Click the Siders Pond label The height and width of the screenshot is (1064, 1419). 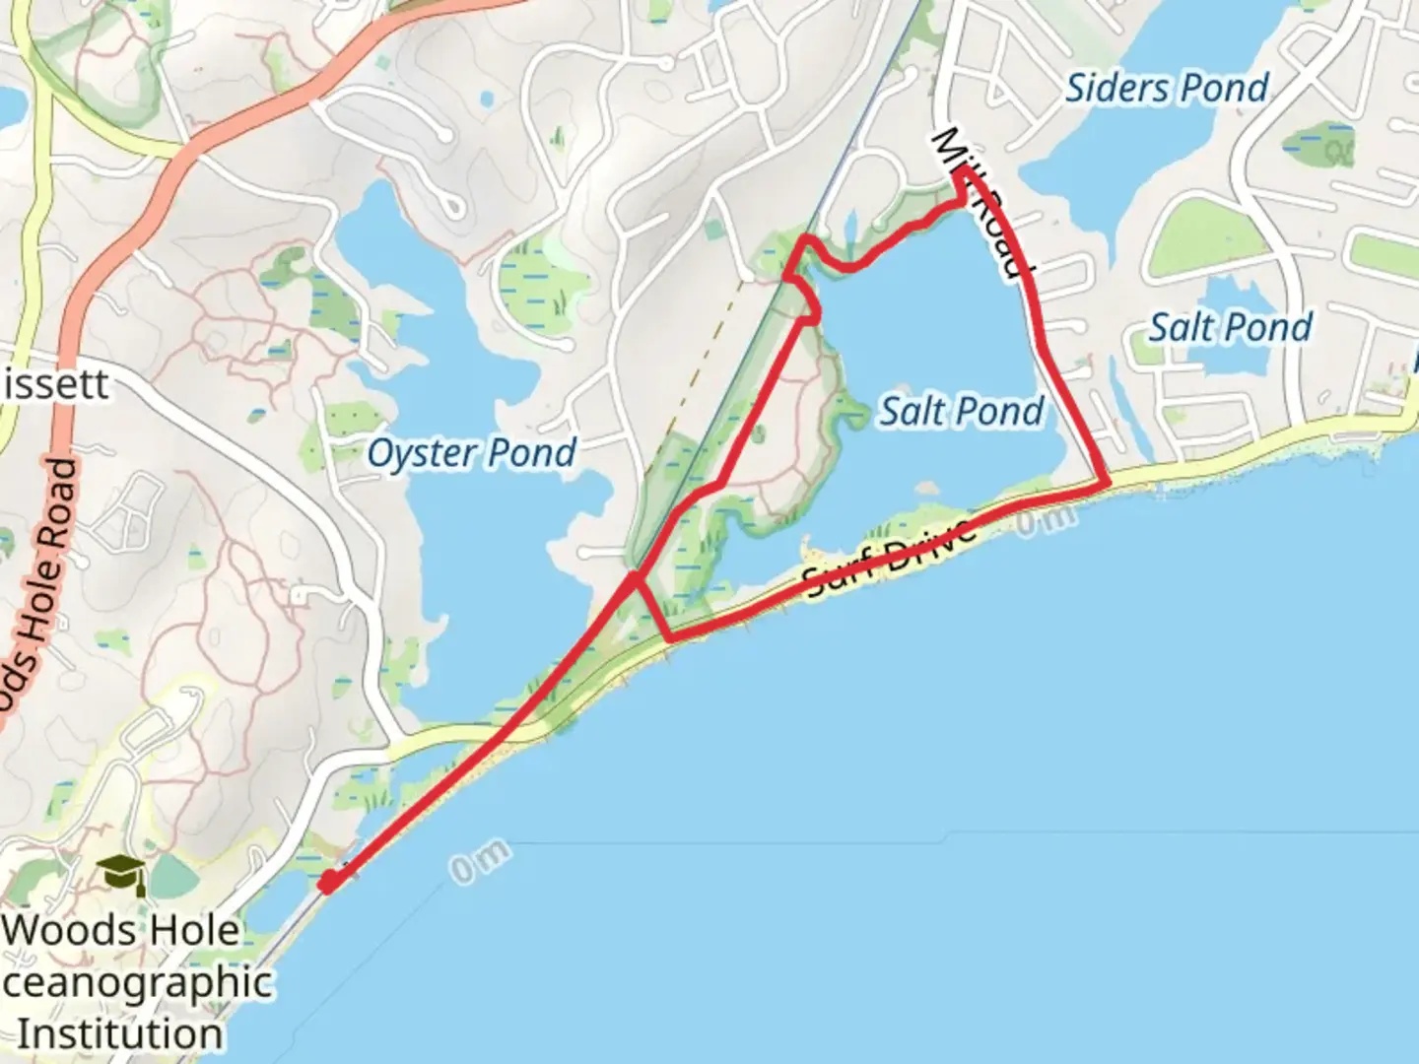click(1167, 89)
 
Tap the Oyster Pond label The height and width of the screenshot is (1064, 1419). click(471, 454)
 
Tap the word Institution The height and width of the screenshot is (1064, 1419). click(120, 1034)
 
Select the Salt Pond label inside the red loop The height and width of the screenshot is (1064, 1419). click(961, 411)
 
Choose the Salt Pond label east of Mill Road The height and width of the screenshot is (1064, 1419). click(1231, 327)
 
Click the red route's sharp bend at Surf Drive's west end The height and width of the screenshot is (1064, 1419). click(670, 638)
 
